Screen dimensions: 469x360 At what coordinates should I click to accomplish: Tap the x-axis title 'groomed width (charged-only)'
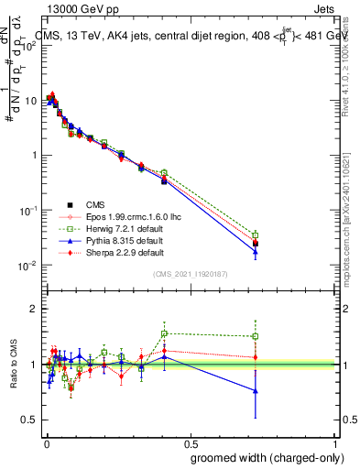[x=263, y=457]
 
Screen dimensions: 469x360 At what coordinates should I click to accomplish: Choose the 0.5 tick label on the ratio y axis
[x=29, y=420]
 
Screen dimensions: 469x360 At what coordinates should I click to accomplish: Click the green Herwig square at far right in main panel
[x=256, y=235]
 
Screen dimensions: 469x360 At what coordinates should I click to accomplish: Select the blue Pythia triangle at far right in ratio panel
[x=256, y=391]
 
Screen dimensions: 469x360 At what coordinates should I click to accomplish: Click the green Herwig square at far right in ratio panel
[x=256, y=336]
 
